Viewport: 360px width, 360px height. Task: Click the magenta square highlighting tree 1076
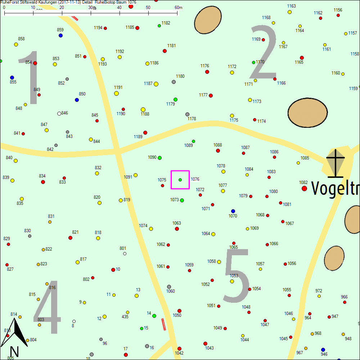click(180, 180)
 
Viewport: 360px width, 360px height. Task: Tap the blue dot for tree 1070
click(233, 211)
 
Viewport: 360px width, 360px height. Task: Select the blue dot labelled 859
click(60, 35)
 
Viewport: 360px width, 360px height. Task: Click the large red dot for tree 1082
click(304, 188)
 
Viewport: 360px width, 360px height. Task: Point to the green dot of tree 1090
click(160, 158)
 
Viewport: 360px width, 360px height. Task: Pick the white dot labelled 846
click(59, 113)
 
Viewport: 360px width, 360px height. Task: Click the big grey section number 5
click(237, 275)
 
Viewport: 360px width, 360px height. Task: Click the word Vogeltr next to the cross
click(335, 188)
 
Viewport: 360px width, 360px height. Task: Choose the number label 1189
click(138, 137)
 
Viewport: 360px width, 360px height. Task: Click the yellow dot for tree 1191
click(116, 93)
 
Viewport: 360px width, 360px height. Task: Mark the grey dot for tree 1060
click(169, 287)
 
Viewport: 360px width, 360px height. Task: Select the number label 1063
click(176, 223)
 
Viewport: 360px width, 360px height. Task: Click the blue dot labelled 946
click(323, 350)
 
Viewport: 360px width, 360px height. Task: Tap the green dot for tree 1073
click(182, 200)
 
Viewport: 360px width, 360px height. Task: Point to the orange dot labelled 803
click(39, 325)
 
